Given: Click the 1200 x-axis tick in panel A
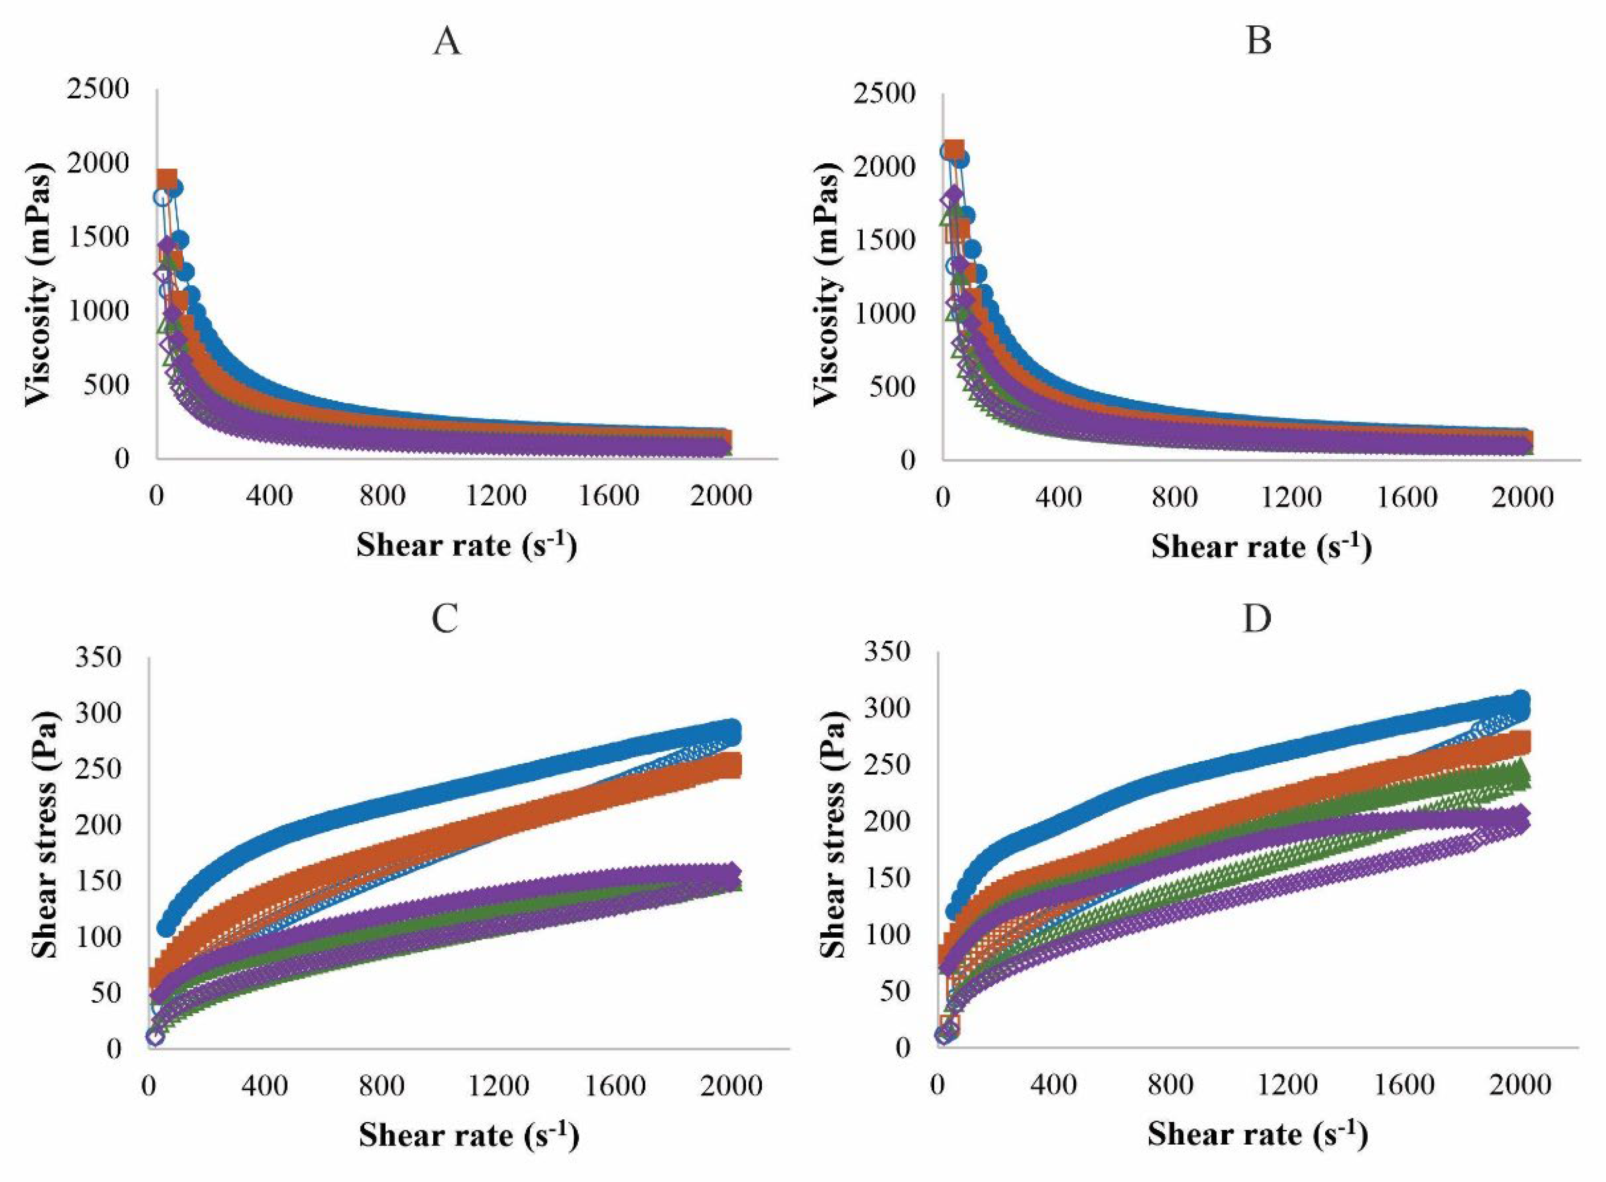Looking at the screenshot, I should [x=496, y=495].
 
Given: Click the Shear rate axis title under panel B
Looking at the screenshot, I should [x=1261, y=548].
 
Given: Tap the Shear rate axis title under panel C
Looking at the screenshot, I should [x=469, y=1135].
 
